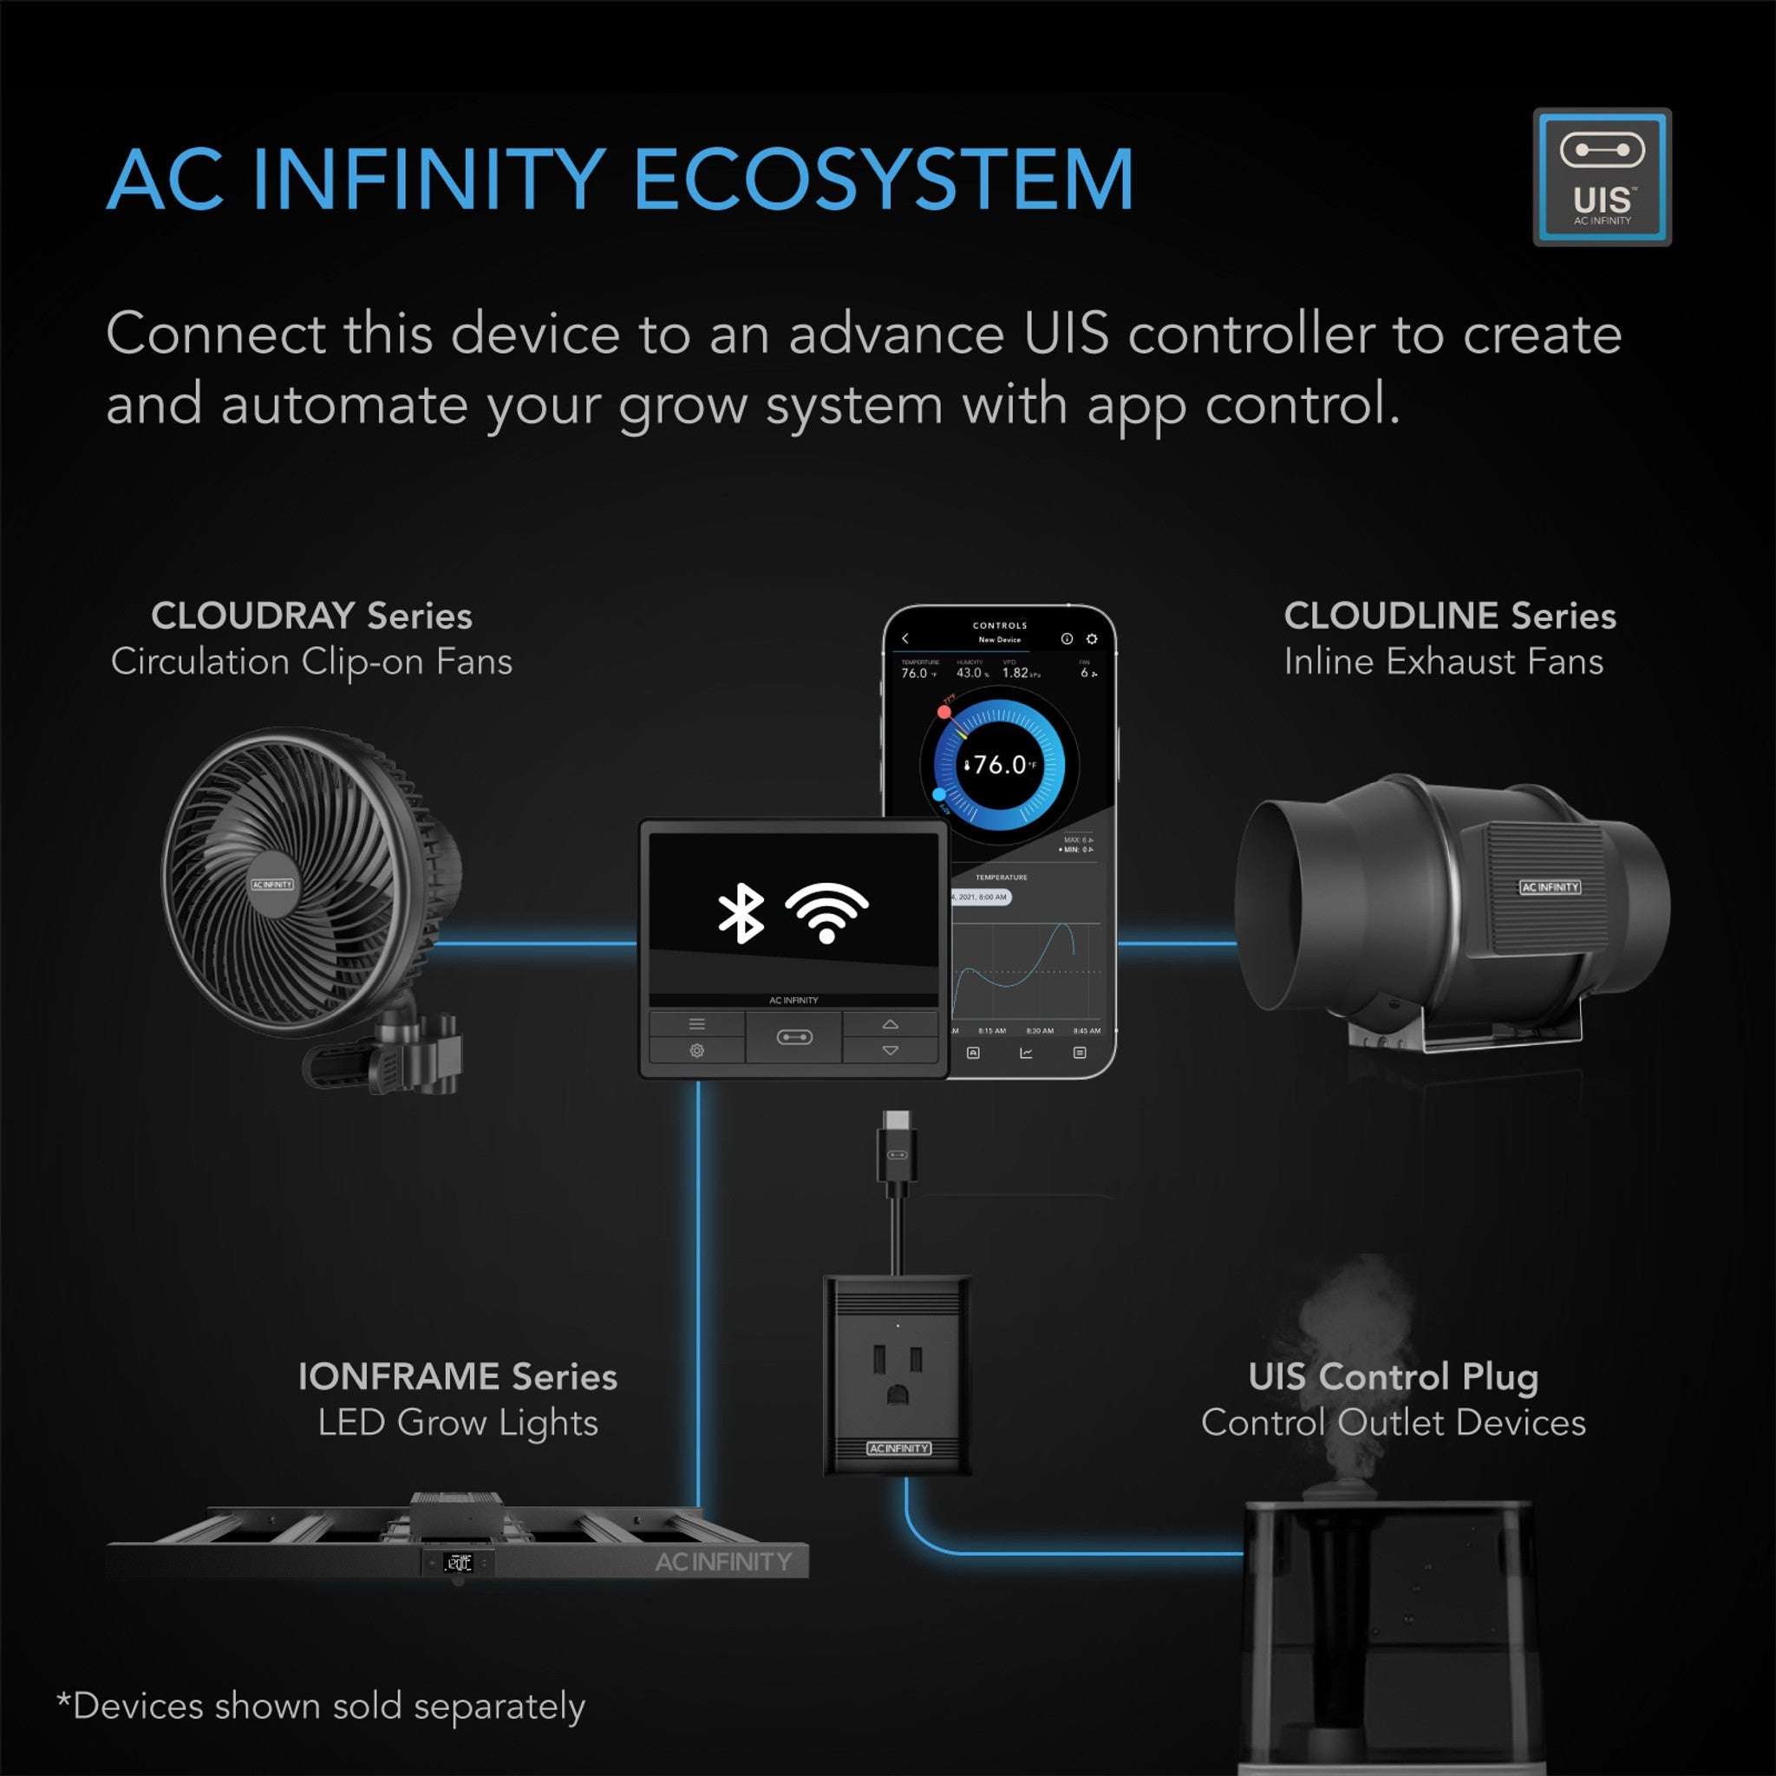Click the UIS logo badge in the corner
tap(1602, 178)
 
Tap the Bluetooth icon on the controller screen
tap(741, 914)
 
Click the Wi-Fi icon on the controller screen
tap(826, 913)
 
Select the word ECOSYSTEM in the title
tap(884, 180)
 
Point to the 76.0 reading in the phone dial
tap(999, 765)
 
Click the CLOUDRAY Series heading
tap(311, 616)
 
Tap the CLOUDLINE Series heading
tap(1449, 616)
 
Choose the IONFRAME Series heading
tap(458, 1377)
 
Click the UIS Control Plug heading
tap(1393, 1377)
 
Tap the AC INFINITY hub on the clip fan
tap(272, 885)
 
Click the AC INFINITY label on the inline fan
tap(1550, 887)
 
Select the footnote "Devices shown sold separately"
tap(322, 1706)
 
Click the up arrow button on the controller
tap(890, 1024)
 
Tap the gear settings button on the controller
tap(697, 1050)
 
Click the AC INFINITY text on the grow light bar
tap(722, 1562)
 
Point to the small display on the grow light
tap(458, 1562)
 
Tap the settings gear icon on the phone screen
tap(1091, 639)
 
